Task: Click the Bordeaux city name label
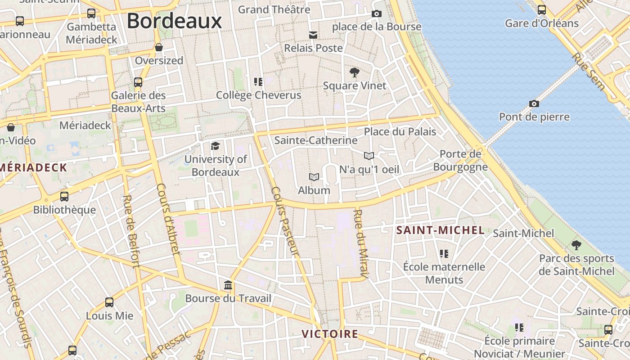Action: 174,21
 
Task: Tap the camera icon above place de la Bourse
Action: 377,14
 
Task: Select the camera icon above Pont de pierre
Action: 534,104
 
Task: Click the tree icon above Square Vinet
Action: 355,72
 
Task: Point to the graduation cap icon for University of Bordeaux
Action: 216,146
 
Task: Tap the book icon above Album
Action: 314,177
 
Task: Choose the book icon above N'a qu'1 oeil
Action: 369,156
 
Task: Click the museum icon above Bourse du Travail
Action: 228,285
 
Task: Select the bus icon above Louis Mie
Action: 109,302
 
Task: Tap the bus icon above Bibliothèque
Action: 64,197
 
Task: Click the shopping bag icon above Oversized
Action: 159,47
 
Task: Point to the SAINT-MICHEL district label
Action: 440,230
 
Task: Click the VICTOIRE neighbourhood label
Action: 330,334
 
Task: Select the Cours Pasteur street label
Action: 285,220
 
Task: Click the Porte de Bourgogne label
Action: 460,161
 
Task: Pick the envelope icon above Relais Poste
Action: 313,35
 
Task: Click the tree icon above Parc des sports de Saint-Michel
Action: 576,245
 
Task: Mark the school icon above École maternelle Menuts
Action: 444,254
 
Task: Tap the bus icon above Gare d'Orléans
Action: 542,10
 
